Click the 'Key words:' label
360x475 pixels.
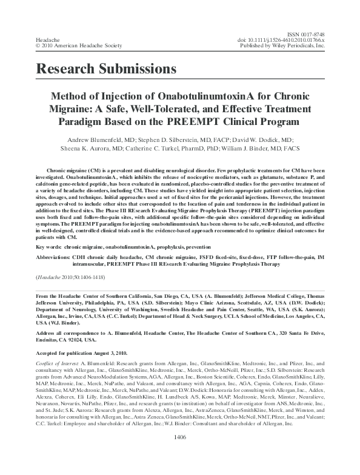(51, 248)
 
